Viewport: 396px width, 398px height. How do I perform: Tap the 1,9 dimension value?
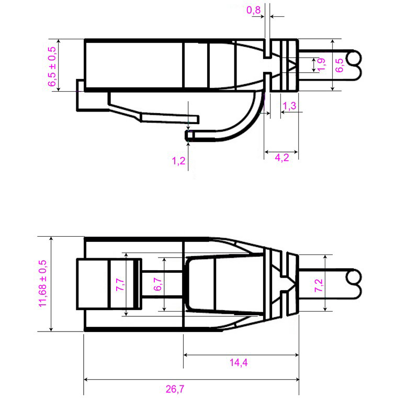[322, 65]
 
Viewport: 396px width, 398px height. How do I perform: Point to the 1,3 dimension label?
[289, 106]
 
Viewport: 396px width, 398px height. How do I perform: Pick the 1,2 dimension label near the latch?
[178, 161]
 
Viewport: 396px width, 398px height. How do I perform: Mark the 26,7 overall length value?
[176, 389]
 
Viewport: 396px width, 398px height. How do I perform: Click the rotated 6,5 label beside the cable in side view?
[340, 65]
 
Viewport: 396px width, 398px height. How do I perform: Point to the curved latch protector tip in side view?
[190, 137]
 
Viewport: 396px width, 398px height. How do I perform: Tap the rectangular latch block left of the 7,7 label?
[92, 283]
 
